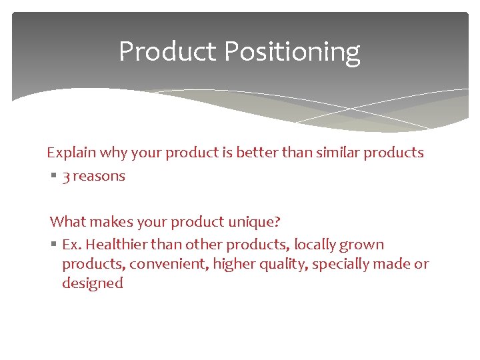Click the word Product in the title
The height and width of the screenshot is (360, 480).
(168, 51)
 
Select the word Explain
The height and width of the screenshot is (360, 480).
(71, 153)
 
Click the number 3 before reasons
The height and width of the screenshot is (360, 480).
(66, 177)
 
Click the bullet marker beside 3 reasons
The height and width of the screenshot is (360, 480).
(53, 177)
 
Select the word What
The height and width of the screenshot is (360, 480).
(67, 221)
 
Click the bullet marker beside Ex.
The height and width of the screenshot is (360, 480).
(53, 245)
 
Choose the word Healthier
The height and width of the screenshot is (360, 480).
(117, 245)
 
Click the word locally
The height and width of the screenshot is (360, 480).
(315, 245)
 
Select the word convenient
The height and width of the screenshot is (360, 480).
(169, 264)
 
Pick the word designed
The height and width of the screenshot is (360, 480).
(93, 283)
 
